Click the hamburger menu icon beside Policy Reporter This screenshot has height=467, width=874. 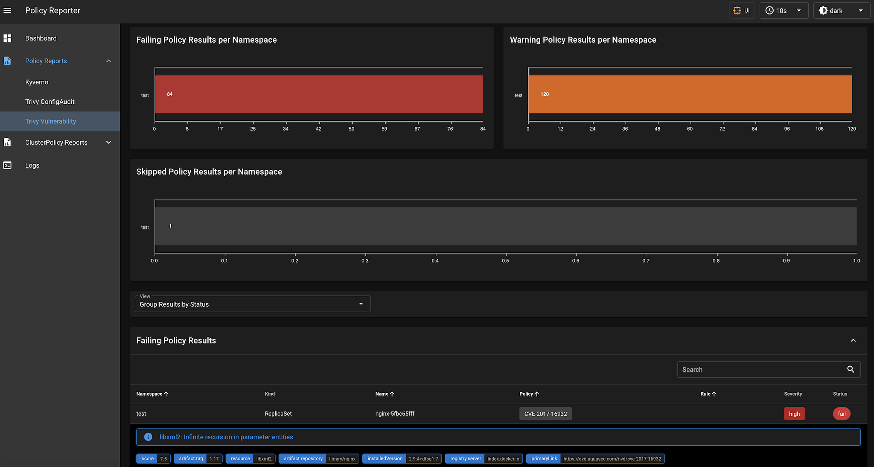tap(7, 10)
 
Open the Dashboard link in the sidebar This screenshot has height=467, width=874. tap(41, 38)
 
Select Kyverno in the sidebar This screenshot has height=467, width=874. tap(37, 82)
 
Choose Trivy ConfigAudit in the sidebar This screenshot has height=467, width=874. tap(50, 102)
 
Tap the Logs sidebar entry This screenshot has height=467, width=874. tap(32, 165)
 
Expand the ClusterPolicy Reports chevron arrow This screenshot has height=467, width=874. tap(109, 143)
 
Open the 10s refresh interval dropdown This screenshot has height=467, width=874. tap(784, 11)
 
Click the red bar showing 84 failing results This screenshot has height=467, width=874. tap(318, 94)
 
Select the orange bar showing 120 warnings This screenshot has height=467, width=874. tap(690, 94)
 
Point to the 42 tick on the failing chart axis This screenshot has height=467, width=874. tap(318, 128)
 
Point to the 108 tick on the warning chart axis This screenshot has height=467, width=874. tap(819, 128)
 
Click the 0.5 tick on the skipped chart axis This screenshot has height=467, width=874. tap(505, 260)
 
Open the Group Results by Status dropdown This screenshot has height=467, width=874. tap(252, 304)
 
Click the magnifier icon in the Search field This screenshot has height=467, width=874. tap(851, 370)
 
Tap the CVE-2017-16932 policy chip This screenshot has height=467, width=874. tap(545, 414)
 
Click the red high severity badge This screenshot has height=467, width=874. tap(794, 414)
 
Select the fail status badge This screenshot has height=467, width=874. tap(842, 414)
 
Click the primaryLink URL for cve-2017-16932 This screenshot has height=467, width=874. tap(612, 459)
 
